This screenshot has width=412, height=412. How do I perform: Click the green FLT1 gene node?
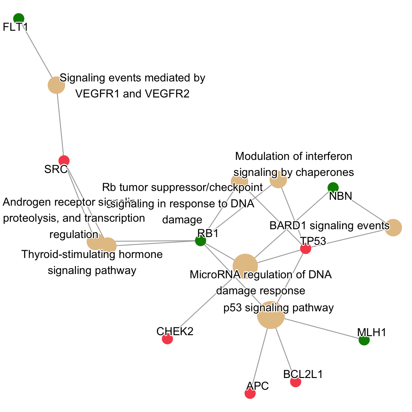click(19, 19)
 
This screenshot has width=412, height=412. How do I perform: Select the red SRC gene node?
click(64, 161)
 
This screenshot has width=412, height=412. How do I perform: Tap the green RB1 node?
click(200, 241)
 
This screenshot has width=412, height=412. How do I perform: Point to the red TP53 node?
click(305, 249)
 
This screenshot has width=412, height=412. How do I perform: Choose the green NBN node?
click(333, 187)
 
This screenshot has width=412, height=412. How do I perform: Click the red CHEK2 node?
click(167, 339)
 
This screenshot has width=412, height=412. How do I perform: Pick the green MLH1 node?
click(364, 340)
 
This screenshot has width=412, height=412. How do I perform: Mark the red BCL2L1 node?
click(296, 382)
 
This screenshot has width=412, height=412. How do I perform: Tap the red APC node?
click(250, 394)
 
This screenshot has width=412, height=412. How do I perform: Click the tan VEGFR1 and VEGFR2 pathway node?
click(57, 85)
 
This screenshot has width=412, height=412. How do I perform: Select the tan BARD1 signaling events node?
click(393, 227)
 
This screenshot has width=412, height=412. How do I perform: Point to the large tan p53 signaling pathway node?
click(271, 315)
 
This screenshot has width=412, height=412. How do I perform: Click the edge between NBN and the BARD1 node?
click(366, 209)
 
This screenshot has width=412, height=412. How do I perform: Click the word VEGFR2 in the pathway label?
click(167, 94)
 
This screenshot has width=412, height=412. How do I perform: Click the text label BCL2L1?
click(303, 374)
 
